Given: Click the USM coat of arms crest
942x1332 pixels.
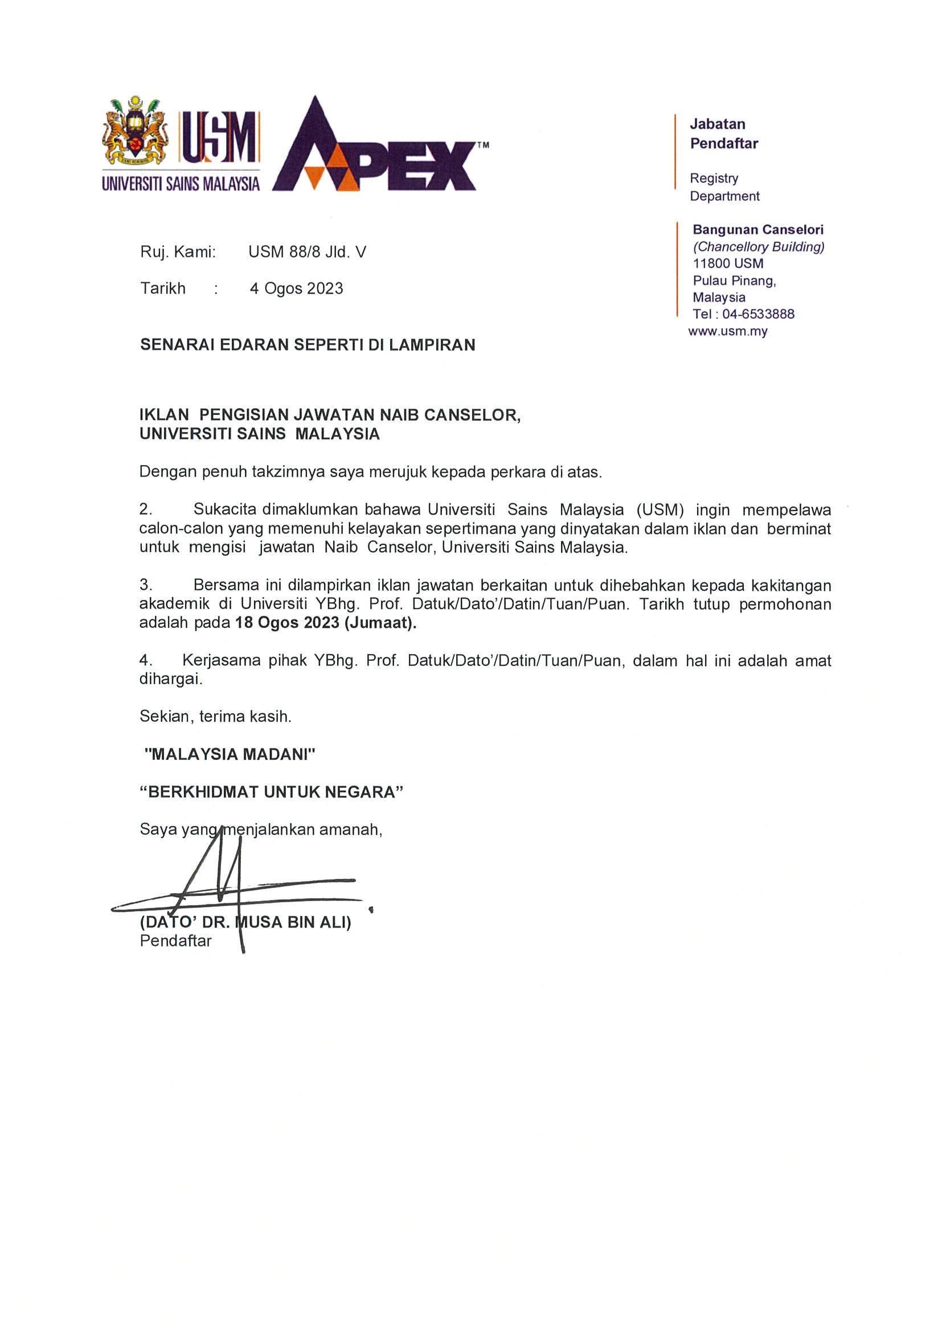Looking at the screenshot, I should [x=134, y=132].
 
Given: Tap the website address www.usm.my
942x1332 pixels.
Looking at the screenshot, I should [x=728, y=332].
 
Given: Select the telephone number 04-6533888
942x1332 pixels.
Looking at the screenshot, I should [x=758, y=314].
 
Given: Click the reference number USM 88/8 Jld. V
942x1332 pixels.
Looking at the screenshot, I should [x=307, y=252].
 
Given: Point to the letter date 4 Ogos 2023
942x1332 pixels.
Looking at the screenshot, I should [x=296, y=289].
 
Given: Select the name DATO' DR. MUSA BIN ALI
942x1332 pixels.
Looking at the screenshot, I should [x=245, y=922].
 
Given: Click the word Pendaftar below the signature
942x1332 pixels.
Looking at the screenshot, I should [x=175, y=941].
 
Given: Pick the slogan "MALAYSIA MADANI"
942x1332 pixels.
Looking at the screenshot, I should [x=230, y=755].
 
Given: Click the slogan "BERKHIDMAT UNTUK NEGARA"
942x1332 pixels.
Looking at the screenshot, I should [x=271, y=792].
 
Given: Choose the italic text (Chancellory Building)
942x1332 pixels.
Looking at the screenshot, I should [x=759, y=247].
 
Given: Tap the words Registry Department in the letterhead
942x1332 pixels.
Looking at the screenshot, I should [x=724, y=187].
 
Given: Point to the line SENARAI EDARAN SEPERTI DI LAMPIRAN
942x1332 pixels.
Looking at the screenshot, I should [x=308, y=345].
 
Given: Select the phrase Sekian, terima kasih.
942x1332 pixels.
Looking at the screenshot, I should [x=215, y=717].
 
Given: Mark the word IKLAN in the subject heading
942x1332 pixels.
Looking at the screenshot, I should [x=163, y=416].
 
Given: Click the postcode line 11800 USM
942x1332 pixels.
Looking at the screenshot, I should [x=728, y=264].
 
